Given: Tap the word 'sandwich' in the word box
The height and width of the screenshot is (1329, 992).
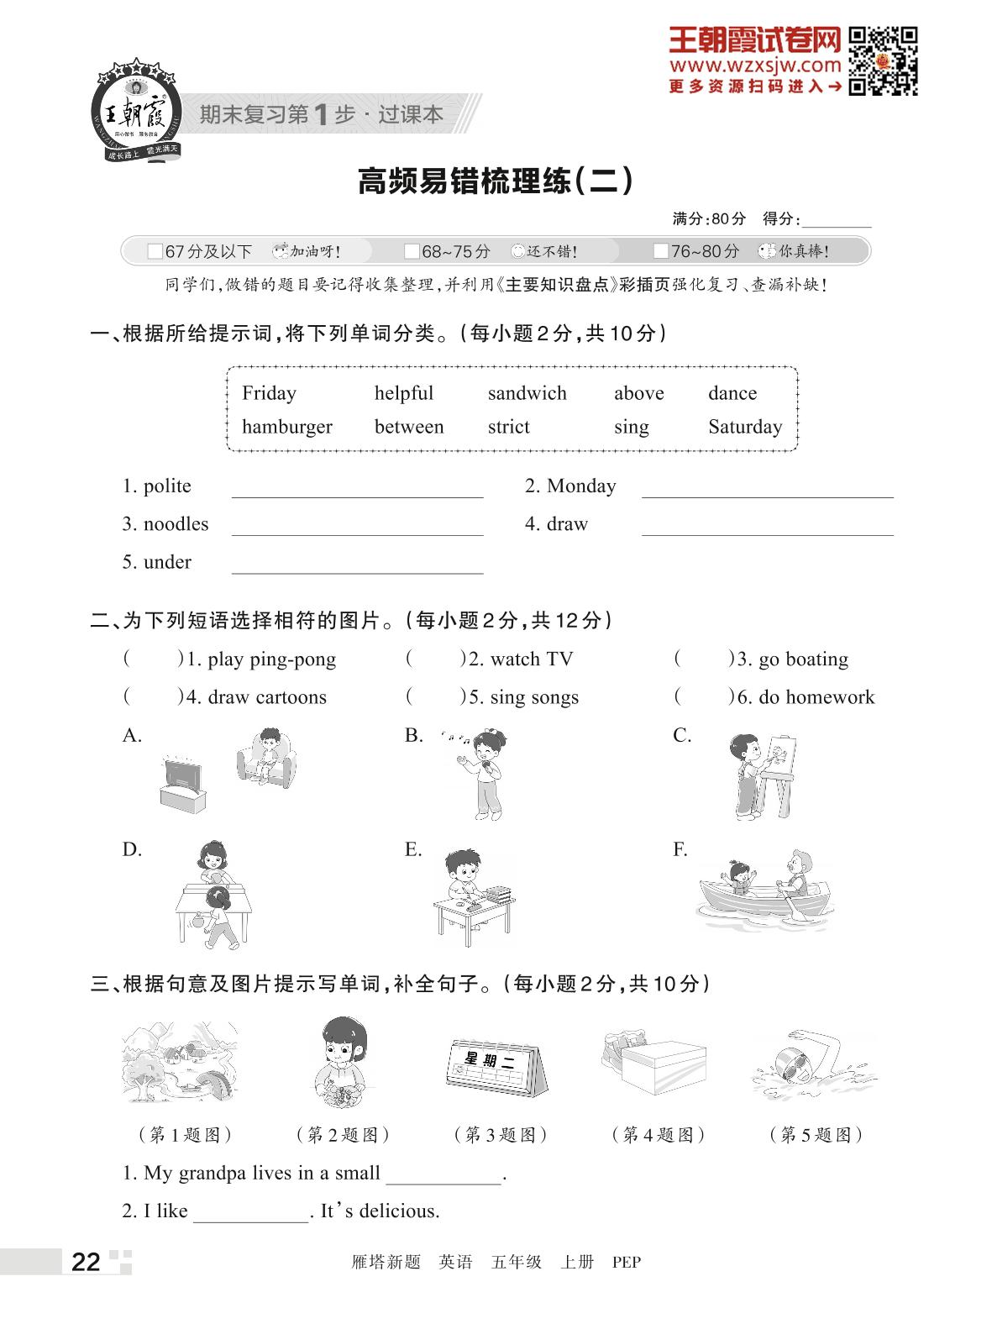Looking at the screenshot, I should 527,393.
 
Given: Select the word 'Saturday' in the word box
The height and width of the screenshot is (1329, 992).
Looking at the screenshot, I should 744,427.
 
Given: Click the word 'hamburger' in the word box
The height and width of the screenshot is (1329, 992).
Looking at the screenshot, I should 286,427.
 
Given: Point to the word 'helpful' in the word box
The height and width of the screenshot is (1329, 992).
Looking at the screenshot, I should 403,393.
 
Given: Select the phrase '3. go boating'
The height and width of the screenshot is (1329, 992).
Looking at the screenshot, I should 792,659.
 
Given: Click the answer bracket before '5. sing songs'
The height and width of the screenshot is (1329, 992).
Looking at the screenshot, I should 434,697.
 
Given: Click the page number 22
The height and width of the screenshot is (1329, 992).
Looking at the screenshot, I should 86,1261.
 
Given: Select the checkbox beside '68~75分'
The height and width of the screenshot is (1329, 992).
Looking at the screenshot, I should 412,251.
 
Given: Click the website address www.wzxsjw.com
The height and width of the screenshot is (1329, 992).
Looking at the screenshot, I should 754,65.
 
